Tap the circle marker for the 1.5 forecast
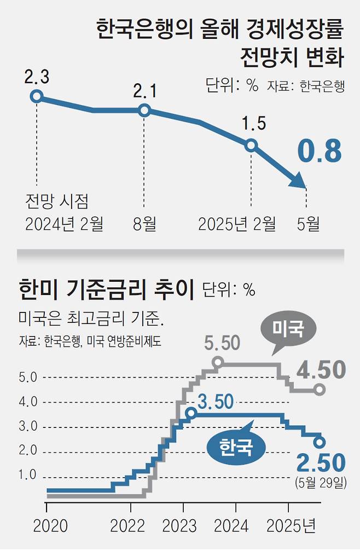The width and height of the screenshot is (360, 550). tap(251, 145)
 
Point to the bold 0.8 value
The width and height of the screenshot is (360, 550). tap(319, 152)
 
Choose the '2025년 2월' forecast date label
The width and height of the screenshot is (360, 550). tap(237, 223)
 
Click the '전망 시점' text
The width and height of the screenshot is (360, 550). tap(56, 201)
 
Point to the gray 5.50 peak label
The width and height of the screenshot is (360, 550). tap(222, 343)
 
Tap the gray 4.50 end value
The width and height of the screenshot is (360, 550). tap(321, 369)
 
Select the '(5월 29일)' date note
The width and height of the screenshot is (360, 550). tap(321, 483)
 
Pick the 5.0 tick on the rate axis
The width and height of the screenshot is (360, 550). tap(28, 378)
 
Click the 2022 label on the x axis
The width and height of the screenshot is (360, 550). tap(127, 526)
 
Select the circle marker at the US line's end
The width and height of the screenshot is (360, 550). tap(320, 390)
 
